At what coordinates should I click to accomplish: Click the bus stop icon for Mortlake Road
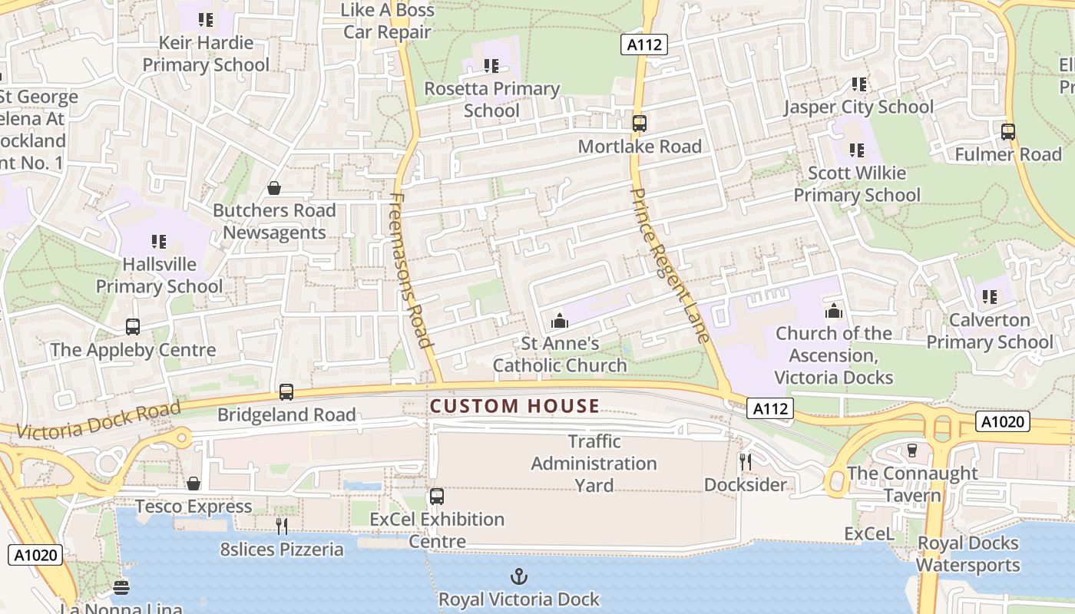pyautogui.click(x=639, y=123)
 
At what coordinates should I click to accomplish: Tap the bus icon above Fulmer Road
pyautogui.click(x=1008, y=132)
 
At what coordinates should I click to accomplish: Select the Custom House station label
pyautogui.click(x=514, y=406)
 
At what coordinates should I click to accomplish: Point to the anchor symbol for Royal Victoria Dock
pyautogui.click(x=519, y=576)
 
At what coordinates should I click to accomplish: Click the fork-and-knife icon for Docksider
pyautogui.click(x=745, y=461)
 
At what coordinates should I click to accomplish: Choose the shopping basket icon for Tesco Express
pyautogui.click(x=193, y=484)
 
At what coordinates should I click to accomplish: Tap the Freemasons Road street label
pyautogui.click(x=412, y=269)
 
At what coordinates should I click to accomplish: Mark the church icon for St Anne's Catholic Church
pyautogui.click(x=560, y=320)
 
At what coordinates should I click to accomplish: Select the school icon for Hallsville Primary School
pyautogui.click(x=159, y=242)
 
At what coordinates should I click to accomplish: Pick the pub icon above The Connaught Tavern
pyautogui.click(x=912, y=451)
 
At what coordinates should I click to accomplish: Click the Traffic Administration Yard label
pyautogui.click(x=594, y=464)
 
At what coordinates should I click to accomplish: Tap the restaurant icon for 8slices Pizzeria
pyautogui.click(x=282, y=526)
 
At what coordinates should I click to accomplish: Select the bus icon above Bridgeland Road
pyautogui.click(x=286, y=392)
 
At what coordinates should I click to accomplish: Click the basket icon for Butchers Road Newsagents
pyautogui.click(x=274, y=188)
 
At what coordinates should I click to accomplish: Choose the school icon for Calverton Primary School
pyautogui.click(x=990, y=296)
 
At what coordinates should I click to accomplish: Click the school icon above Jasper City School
pyautogui.click(x=858, y=84)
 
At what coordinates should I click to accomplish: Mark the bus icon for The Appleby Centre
pyautogui.click(x=133, y=327)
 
